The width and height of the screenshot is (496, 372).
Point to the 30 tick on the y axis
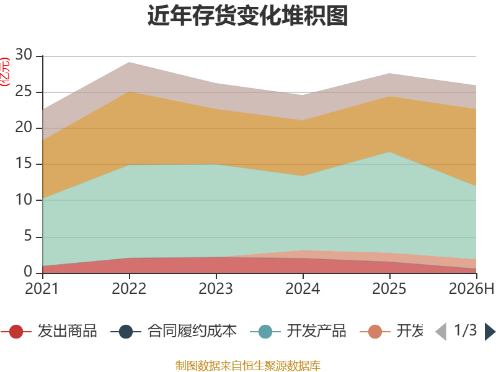[x=24, y=55]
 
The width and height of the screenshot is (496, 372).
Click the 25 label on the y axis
[x=24, y=91]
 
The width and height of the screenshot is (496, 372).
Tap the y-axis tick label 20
[x=24, y=128]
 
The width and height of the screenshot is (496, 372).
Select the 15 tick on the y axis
[x=24, y=164]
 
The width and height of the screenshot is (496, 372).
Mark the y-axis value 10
[x=24, y=200]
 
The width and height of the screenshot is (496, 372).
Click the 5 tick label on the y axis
[x=28, y=236]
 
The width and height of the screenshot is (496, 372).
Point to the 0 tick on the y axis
[x=28, y=272]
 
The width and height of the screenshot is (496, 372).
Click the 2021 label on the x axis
[x=42, y=289]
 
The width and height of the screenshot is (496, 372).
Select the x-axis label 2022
[x=129, y=289]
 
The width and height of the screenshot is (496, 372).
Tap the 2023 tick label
[x=216, y=289]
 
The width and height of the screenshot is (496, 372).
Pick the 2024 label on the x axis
[x=303, y=289]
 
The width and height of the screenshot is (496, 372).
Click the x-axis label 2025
[x=389, y=289]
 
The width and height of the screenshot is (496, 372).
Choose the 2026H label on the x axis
[x=472, y=289]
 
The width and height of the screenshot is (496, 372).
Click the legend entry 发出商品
[x=49, y=331]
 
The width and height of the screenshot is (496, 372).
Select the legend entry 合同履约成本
[x=174, y=331]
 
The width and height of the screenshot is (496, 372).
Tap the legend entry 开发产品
[x=298, y=331]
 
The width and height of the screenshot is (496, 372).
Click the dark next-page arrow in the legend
[x=490, y=332]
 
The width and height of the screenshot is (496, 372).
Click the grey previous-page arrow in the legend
[x=441, y=332]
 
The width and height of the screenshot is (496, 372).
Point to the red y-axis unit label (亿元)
[x=5, y=72]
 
